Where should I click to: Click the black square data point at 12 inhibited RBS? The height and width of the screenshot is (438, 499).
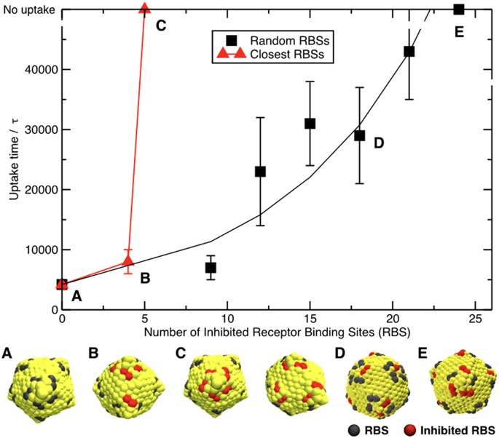pyautogui.click(x=260, y=172)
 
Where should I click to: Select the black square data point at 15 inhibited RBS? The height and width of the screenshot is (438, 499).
pyautogui.click(x=310, y=124)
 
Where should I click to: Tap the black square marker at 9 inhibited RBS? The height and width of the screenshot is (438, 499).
pyautogui.click(x=211, y=268)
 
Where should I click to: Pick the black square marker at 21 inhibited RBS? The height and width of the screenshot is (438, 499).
pyautogui.click(x=409, y=52)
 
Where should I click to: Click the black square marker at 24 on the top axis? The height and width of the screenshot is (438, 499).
pyautogui.click(x=458, y=9)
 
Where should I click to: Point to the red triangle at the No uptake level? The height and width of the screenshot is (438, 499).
pyautogui.click(x=144, y=9)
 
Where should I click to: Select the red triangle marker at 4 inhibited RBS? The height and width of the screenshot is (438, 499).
pyautogui.click(x=128, y=260)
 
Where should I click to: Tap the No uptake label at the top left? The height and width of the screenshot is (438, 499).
pyautogui.click(x=28, y=9)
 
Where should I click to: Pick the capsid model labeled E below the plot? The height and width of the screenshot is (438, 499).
pyautogui.click(x=459, y=379)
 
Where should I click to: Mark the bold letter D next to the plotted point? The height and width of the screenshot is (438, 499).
pyautogui.click(x=378, y=143)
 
